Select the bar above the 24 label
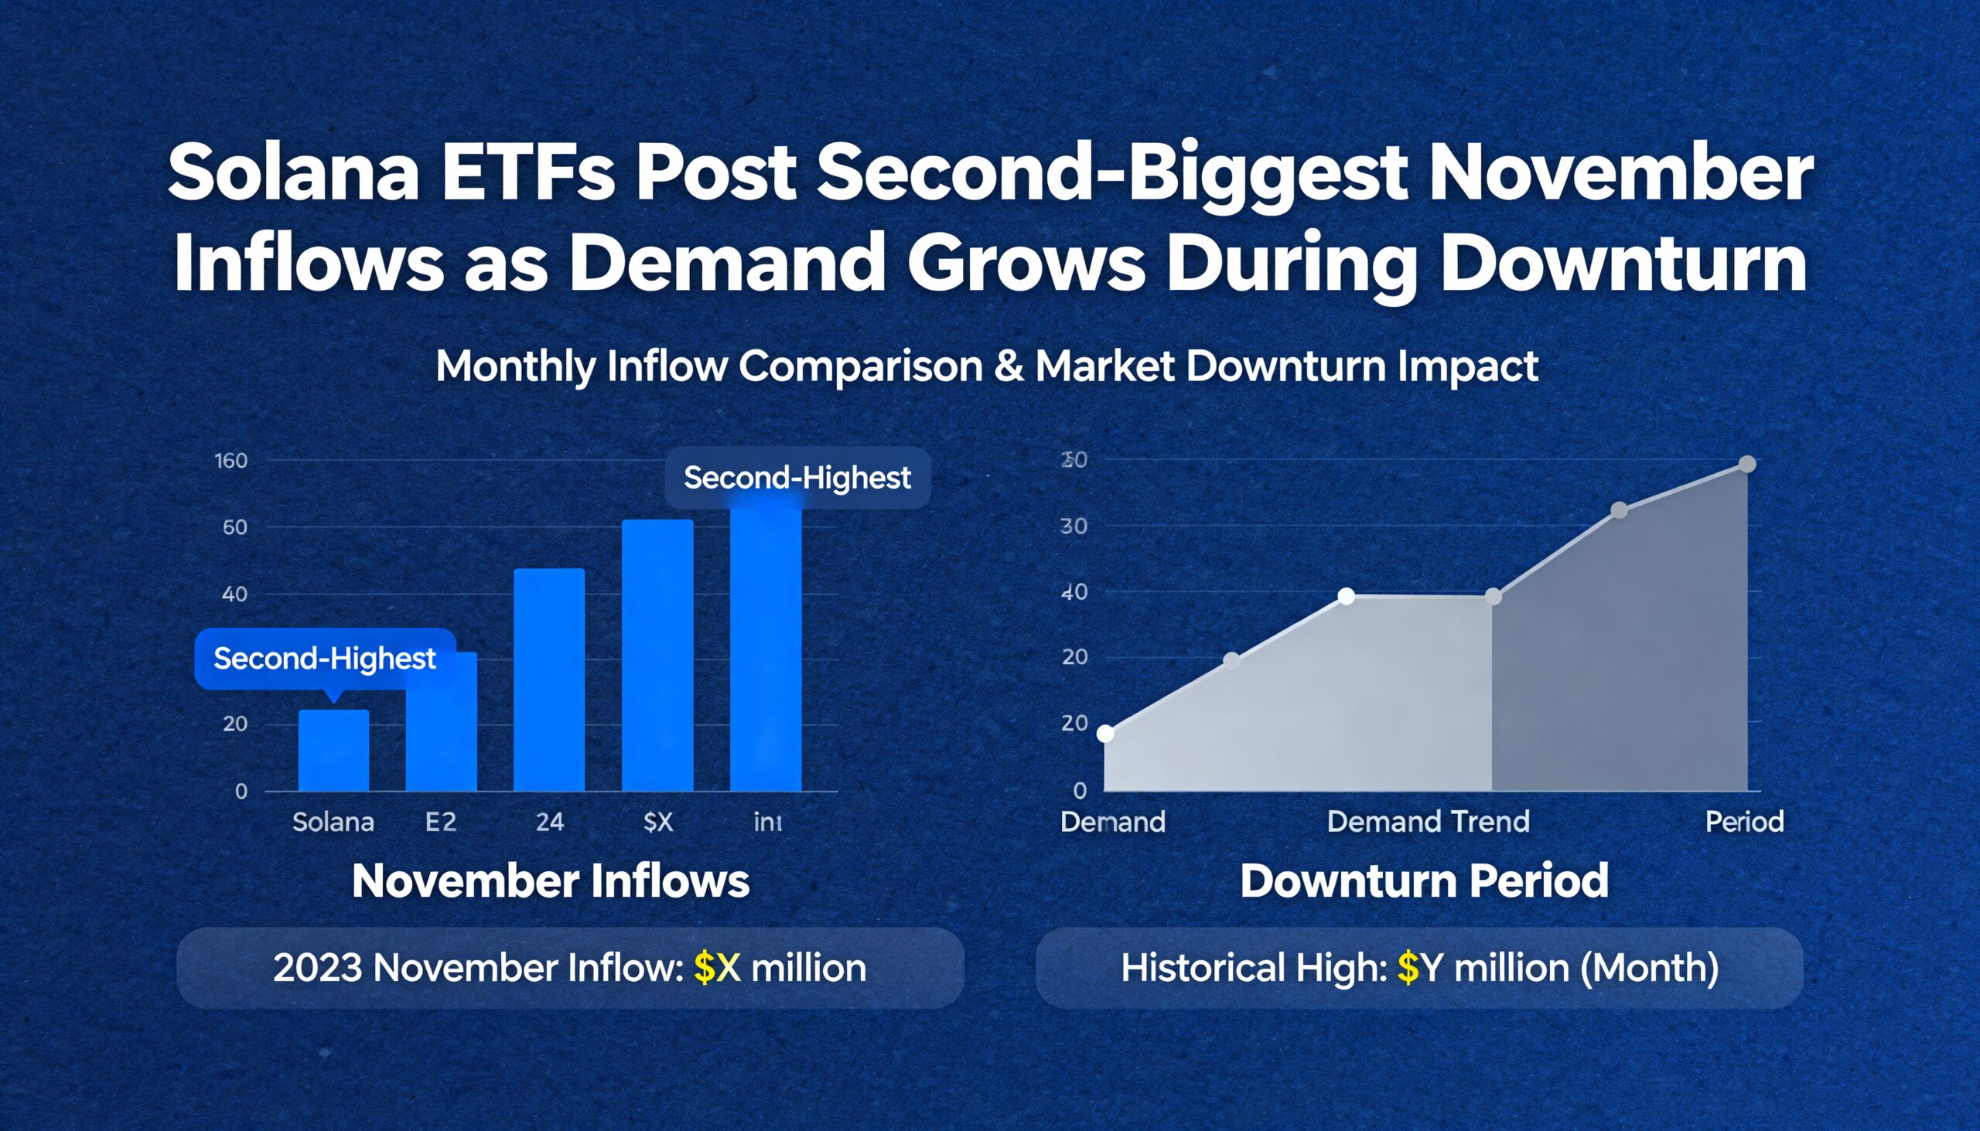[548, 680]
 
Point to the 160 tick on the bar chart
[230, 461]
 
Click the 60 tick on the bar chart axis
[234, 527]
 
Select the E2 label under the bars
[441, 822]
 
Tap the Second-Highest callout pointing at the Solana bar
[325, 659]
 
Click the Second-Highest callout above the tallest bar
[797, 478]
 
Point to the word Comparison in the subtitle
[860, 366]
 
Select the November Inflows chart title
[550, 881]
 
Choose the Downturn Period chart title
[1424, 881]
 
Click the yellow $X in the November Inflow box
[716, 968]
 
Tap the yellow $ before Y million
[1408, 968]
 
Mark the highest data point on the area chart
[1747, 465]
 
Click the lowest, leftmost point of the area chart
[1105, 734]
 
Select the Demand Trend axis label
[1428, 822]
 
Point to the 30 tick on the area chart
[1074, 526]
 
